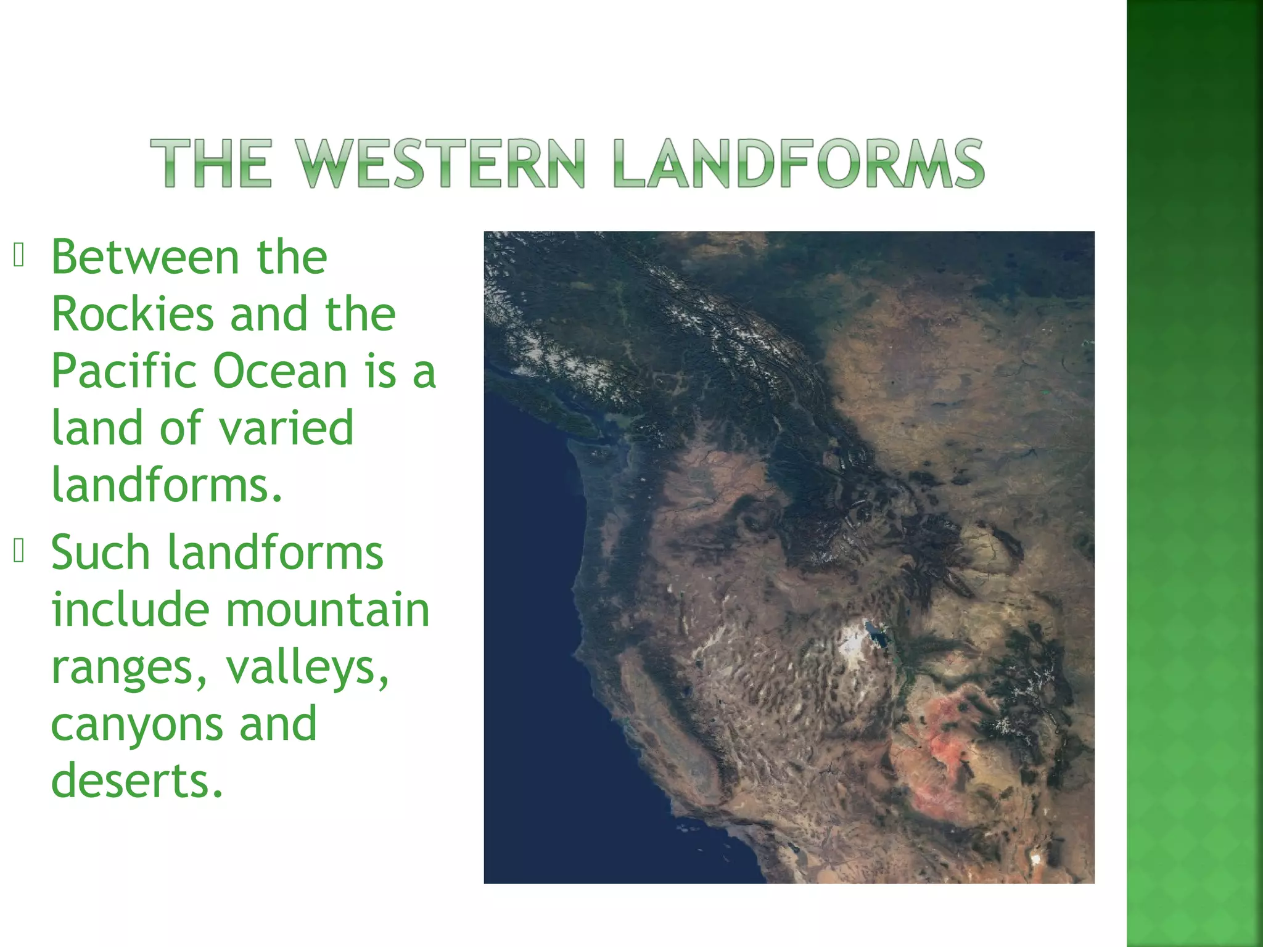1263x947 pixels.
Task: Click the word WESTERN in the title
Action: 439,163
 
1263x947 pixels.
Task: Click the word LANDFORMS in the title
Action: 799,163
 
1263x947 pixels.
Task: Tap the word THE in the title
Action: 210,163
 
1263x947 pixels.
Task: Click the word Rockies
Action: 132,314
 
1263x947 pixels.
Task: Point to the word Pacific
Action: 123,372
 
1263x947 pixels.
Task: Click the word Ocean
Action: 281,372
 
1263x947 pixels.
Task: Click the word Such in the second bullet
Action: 101,552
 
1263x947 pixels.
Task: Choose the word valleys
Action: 307,667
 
